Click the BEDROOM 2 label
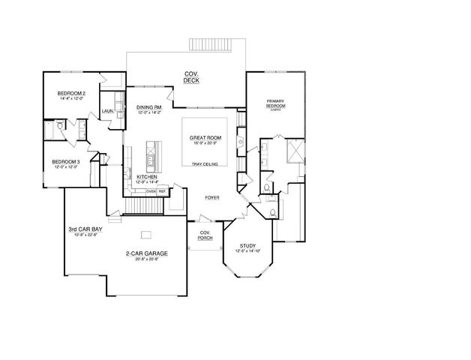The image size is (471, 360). (x=72, y=93)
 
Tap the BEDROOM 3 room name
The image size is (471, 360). (x=65, y=161)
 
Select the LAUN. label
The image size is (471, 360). (x=107, y=111)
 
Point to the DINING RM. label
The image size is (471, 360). (x=148, y=107)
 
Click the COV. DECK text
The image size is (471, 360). (x=191, y=76)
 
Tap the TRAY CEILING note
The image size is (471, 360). (x=204, y=164)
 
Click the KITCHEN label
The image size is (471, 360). (x=145, y=177)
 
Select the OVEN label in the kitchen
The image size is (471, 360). (x=150, y=191)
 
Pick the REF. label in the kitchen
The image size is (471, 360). (x=161, y=191)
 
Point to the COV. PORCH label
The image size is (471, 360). (x=202, y=235)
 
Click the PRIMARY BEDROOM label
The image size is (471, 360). (x=275, y=103)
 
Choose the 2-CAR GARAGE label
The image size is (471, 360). (x=146, y=253)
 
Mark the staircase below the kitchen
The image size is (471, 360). (x=139, y=205)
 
